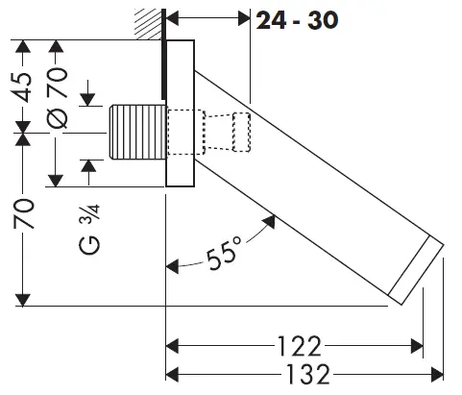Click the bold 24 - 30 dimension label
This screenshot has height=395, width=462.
(x=297, y=20)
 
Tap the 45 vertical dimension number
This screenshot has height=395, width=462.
(x=23, y=87)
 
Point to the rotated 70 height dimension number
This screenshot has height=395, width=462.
(x=24, y=214)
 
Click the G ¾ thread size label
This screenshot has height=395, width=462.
(x=89, y=230)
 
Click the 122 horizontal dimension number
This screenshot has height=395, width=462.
(x=299, y=346)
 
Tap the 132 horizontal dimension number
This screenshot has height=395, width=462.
(x=307, y=374)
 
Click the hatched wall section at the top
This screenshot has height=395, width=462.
(x=148, y=24)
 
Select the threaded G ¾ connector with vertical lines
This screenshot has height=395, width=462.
(x=138, y=133)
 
